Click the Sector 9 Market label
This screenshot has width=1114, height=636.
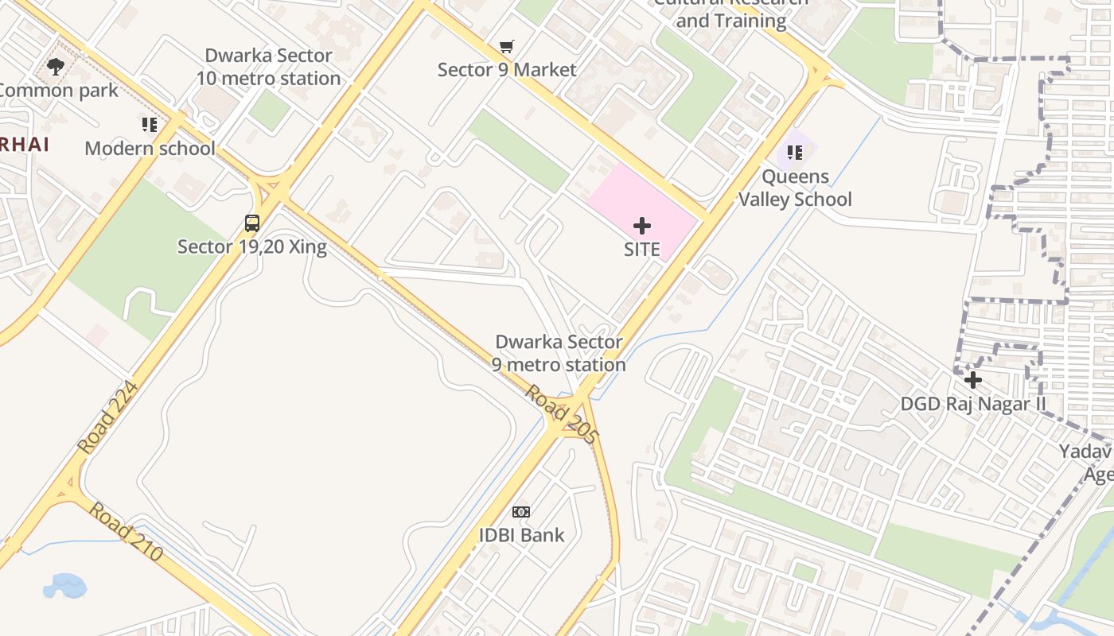pos(507,70)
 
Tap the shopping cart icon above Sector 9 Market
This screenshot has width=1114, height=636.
pos(507,47)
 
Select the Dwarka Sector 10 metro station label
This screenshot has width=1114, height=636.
pos(269,67)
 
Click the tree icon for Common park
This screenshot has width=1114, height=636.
pos(56,67)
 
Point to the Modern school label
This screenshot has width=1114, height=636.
pos(150,149)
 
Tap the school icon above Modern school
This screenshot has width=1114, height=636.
pos(150,125)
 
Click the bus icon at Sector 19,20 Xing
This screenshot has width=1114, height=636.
pos(252,223)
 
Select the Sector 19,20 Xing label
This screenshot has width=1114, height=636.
pos(251,246)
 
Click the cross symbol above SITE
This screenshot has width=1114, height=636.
pos(642,226)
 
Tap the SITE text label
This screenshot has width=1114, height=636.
pos(642,250)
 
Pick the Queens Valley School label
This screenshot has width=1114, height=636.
pos(795,188)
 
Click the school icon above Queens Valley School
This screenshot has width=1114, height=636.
pos(795,152)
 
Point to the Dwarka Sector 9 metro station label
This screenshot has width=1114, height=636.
pos(559,353)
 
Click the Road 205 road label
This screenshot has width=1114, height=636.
pos(561,414)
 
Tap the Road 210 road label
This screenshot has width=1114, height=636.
pos(125,531)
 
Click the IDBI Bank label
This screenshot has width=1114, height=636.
pos(521,535)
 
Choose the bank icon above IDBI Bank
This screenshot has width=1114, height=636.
pos(521,511)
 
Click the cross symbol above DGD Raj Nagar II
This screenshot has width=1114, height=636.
pos(972,380)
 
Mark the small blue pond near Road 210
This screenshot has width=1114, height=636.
pos(64,587)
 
